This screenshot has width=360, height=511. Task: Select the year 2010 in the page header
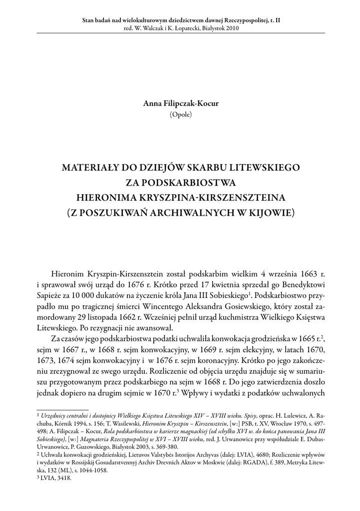231,28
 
